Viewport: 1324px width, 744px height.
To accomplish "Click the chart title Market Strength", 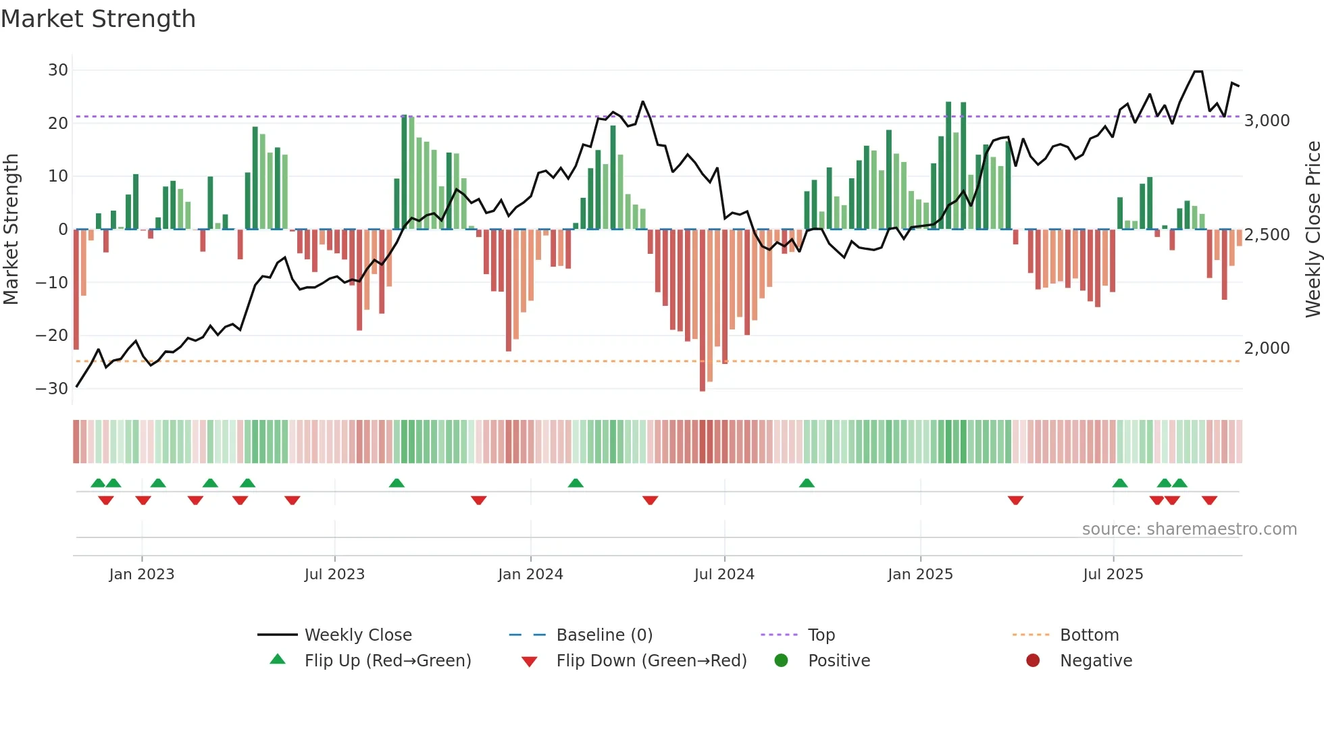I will click(98, 19).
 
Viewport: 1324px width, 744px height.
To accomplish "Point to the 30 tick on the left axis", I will click(58, 70).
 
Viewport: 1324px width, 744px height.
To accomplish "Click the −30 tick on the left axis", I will click(52, 389).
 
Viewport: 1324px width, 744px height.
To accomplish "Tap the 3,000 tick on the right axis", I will click(1267, 121).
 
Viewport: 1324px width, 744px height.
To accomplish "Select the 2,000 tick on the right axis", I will click(1267, 348).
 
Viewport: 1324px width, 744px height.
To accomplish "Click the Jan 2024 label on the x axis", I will click(530, 575).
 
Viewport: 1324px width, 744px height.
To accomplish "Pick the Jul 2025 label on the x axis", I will click(1113, 575).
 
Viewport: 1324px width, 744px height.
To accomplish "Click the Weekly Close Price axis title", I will click(1313, 230).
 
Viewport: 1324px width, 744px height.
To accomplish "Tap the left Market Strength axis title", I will click(11, 230).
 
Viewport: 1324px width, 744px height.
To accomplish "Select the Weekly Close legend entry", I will click(357, 635).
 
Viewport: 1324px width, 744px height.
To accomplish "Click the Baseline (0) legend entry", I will click(604, 635).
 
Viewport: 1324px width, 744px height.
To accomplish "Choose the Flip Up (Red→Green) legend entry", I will click(387, 661).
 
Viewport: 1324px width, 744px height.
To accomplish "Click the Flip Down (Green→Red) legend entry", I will click(651, 661).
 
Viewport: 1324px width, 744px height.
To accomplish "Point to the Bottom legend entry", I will click(1089, 635).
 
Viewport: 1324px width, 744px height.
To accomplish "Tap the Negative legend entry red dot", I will click(1033, 661).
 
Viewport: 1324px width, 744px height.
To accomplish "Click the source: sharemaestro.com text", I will click(1189, 529).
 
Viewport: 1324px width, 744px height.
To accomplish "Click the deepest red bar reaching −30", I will click(703, 311).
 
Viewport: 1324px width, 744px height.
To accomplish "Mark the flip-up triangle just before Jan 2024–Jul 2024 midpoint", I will click(576, 483).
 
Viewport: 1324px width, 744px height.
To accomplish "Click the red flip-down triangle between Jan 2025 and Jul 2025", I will click(1015, 500).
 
